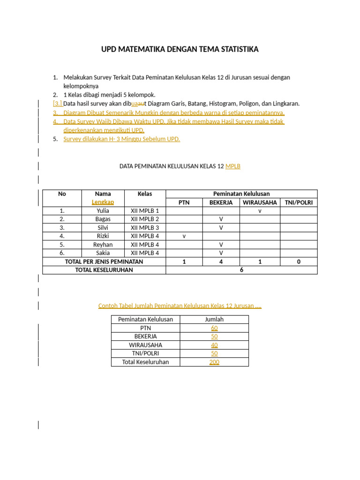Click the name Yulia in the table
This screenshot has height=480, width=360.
coord(103,211)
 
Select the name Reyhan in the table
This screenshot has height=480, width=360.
coord(103,245)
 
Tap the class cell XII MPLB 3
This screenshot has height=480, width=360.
coord(145,228)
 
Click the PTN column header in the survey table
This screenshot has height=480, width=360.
coord(184,202)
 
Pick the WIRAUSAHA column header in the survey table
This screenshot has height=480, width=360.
coord(260,202)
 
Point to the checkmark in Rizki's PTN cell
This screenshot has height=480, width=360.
coord(184,236)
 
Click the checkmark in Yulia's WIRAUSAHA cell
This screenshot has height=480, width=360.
coord(260,211)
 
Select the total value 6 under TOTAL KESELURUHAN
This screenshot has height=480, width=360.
coord(241,270)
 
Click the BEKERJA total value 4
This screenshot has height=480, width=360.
coord(221,262)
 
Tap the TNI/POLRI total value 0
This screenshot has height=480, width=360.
coord(299,262)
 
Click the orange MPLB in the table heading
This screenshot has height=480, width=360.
coord(233,166)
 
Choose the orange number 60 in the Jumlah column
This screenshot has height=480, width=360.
coord(214,328)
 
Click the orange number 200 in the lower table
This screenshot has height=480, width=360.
coord(214,362)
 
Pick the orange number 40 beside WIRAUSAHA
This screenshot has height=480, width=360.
coord(214,345)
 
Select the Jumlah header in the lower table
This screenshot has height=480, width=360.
coord(214,320)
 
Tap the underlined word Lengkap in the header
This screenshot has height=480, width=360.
coord(103,202)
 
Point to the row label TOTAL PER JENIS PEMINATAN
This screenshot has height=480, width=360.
coord(104,262)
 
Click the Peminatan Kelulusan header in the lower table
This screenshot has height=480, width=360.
coord(145,320)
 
